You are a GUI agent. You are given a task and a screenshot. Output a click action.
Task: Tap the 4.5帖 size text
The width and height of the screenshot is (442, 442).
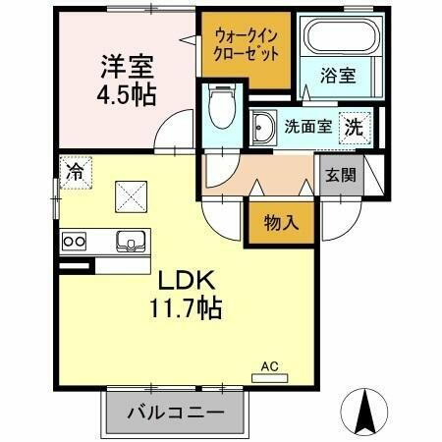click(126, 96)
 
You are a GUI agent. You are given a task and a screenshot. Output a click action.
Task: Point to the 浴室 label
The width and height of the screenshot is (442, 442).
click(340, 74)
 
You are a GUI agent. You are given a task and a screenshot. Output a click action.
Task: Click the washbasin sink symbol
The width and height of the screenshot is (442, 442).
click(264, 126)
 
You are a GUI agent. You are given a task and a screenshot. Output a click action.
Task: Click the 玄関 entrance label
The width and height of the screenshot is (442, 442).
click(340, 177)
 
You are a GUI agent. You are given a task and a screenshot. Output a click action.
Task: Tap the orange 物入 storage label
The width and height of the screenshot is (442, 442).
click(280, 222)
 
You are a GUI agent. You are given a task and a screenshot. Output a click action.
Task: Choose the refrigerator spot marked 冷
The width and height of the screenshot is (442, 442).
click(75, 170)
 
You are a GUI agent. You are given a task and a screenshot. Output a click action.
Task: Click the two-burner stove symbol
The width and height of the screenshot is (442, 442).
click(76, 240)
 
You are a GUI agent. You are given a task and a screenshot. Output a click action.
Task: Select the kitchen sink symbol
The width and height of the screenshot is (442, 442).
click(129, 240)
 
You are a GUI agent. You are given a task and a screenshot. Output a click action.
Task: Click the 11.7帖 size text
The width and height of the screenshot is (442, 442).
click(185, 308)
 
